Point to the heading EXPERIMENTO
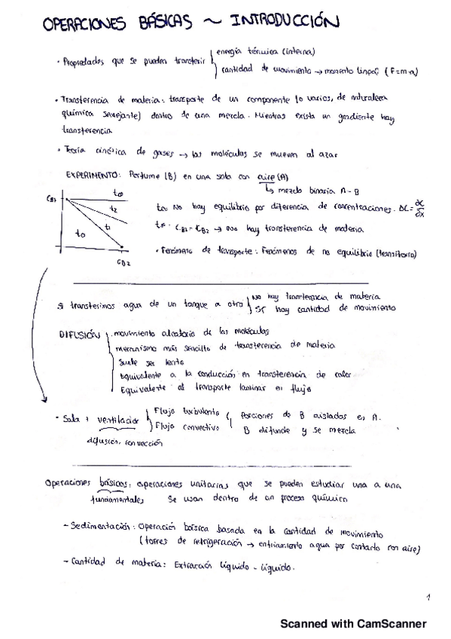[96, 175]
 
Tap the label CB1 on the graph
[52, 199]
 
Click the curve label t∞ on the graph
[117, 193]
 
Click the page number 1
[427, 598]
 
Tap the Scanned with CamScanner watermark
[353, 624]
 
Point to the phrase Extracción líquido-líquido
[234, 568]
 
